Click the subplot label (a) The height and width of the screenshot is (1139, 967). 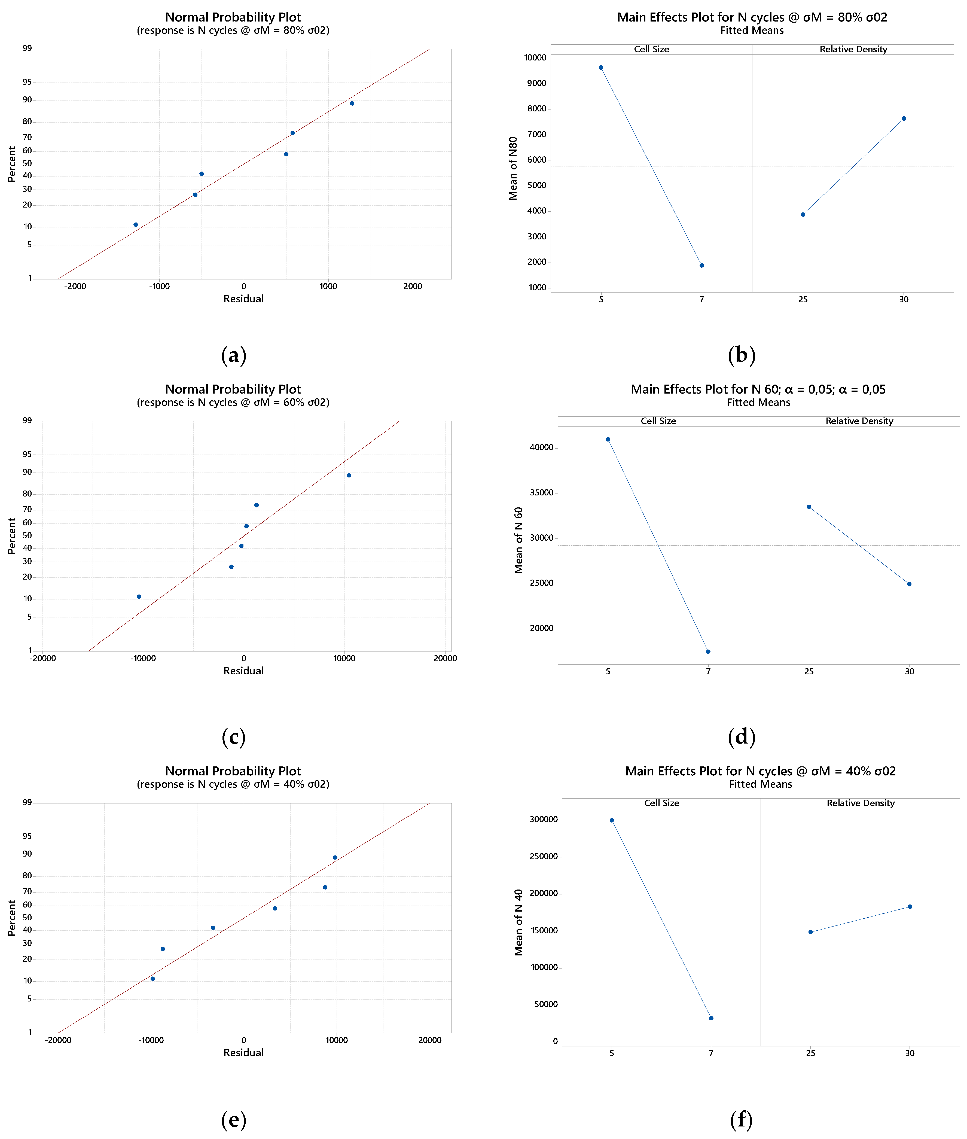point(234,355)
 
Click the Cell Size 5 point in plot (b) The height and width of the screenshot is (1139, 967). point(601,68)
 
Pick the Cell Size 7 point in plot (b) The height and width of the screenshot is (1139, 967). point(702,265)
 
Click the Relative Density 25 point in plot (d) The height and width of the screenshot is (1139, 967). point(809,507)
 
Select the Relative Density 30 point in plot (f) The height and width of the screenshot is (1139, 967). point(910,907)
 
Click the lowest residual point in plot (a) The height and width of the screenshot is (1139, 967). point(135,225)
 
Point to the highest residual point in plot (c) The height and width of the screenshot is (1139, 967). point(349,475)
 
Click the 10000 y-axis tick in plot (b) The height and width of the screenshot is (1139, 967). point(535,57)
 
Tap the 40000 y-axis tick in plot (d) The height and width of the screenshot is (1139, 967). point(542,448)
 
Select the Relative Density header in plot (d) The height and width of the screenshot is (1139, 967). point(859,421)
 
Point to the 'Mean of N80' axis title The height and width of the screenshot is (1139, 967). point(513,168)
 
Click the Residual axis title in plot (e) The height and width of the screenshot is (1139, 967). point(243,1052)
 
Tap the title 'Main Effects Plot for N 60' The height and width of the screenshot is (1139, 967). point(758,389)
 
